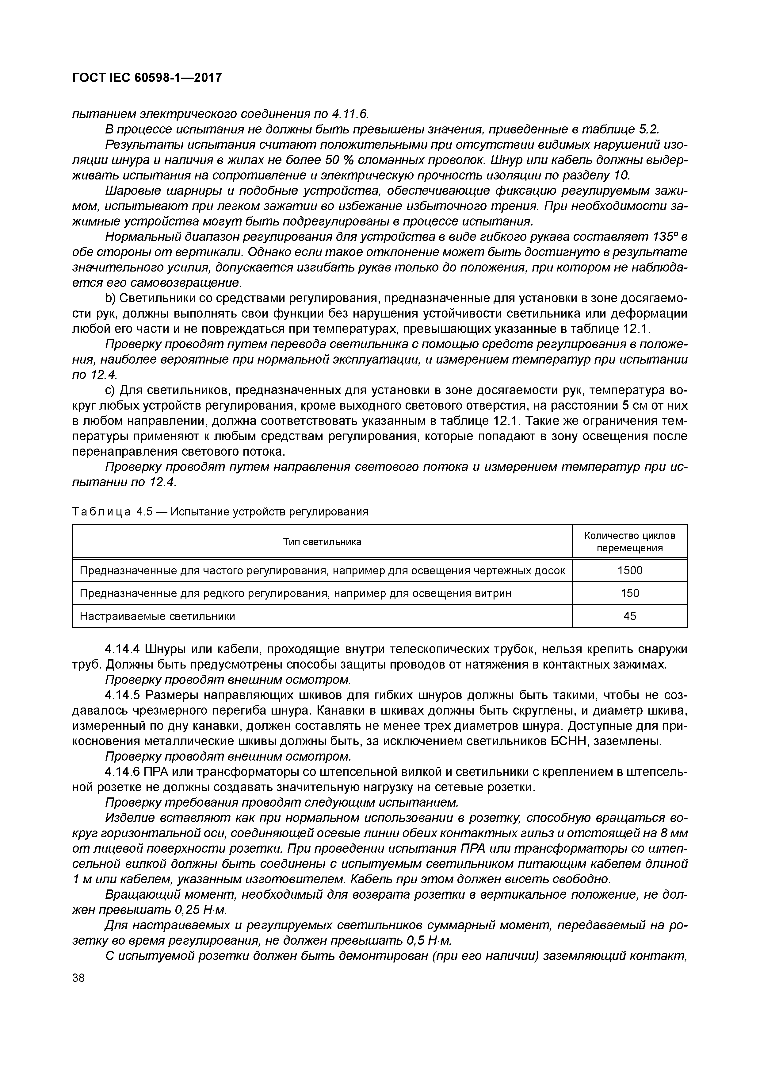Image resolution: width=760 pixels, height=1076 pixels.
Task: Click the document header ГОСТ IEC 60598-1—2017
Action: tap(147, 78)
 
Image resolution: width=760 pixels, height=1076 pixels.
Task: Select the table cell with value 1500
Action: tap(629, 570)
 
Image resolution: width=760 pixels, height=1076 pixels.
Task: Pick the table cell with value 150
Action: tap(629, 593)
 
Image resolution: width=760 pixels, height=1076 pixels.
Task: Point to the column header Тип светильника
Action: tap(322, 542)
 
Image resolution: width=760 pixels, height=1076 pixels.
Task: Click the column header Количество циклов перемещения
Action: tap(629, 542)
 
